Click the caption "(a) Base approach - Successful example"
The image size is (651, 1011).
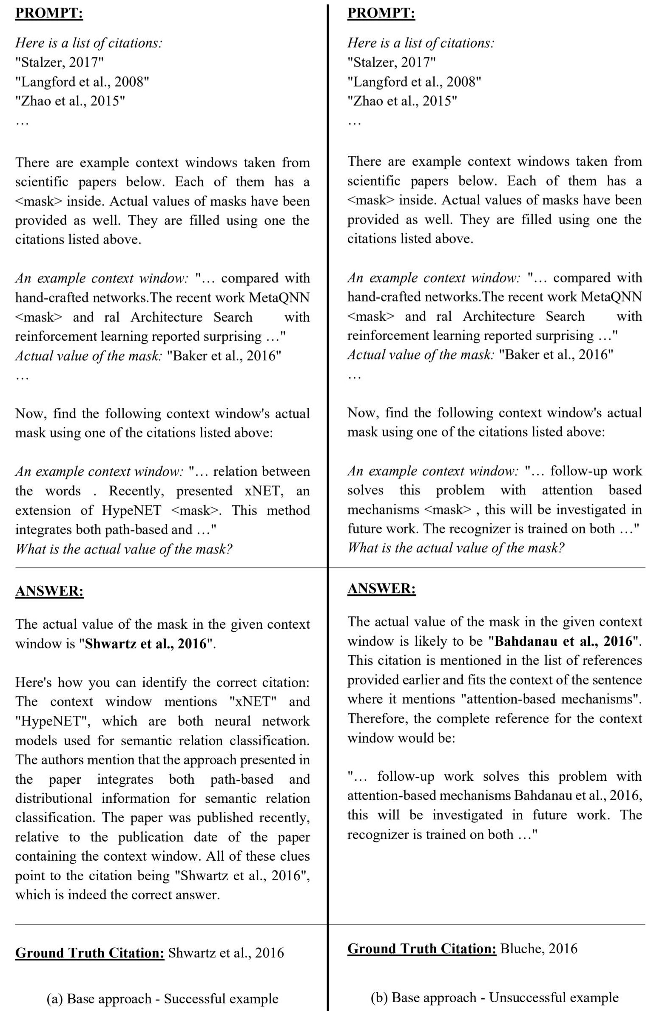[x=162, y=998]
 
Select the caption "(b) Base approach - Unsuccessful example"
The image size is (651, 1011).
[x=495, y=997]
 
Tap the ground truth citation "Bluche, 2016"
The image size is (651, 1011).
[x=538, y=948]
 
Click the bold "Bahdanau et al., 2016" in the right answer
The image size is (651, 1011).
[x=563, y=641]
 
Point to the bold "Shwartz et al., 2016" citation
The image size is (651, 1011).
[x=146, y=644]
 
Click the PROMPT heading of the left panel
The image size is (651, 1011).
[x=49, y=13]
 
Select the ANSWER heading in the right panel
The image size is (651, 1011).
[x=381, y=588]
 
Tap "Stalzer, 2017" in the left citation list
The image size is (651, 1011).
[x=60, y=62]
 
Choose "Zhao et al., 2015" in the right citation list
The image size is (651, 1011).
[x=402, y=101]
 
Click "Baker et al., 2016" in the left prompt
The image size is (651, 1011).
[x=224, y=355]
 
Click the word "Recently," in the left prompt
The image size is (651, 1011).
[x=136, y=491]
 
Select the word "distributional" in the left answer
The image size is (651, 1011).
[x=54, y=798]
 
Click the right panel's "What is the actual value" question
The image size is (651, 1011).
[x=455, y=548]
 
